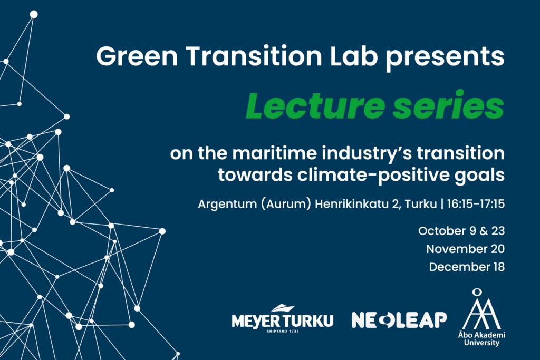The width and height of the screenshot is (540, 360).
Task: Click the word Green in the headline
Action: [137, 56]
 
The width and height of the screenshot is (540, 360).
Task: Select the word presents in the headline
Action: [445, 58]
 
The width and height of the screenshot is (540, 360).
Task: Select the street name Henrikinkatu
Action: [351, 204]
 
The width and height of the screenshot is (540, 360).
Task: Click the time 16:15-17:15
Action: [476, 204]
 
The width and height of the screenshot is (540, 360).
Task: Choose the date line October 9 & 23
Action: [461, 230]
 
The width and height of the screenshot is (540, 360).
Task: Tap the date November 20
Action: [465, 249]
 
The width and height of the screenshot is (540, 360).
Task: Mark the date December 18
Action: [467, 267]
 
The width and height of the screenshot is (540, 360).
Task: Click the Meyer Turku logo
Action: [283, 319]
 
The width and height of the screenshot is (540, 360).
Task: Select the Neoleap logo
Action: [399, 320]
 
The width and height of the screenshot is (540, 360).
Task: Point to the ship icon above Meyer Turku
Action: [283, 308]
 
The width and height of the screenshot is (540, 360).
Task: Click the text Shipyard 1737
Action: [283, 332]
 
